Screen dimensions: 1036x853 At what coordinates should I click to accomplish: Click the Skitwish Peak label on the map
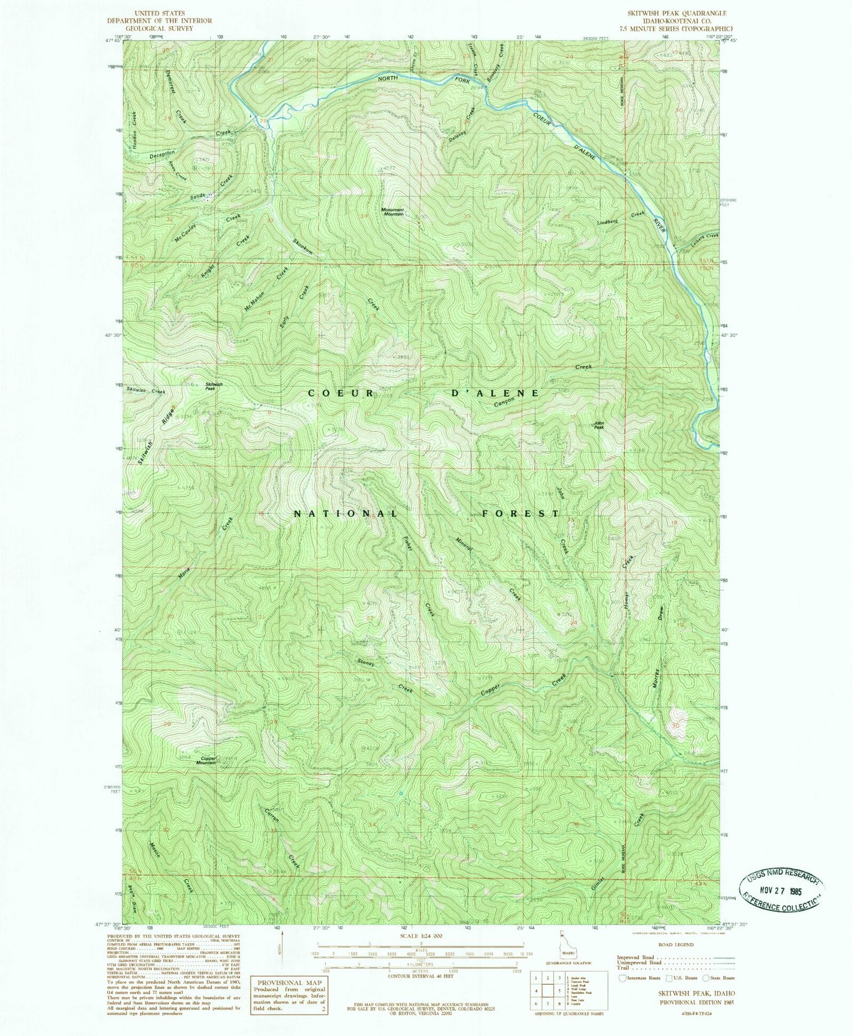click(x=214, y=386)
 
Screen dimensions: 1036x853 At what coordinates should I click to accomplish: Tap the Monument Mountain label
click(x=392, y=212)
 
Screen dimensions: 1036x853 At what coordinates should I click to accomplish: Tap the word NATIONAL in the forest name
click(x=345, y=514)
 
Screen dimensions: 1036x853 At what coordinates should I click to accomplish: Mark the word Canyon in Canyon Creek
click(x=504, y=401)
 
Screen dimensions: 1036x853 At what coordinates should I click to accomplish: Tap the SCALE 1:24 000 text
click(x=421, y=935)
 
